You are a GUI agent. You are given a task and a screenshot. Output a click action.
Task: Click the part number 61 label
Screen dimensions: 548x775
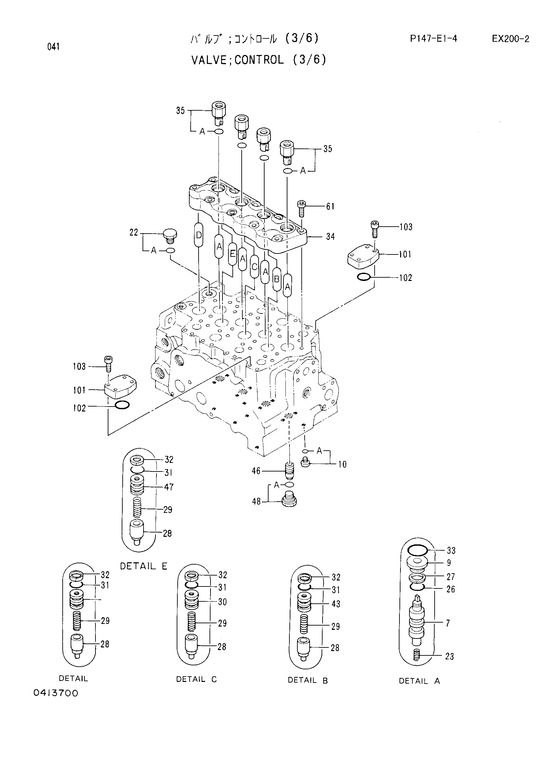(x=330, y=206)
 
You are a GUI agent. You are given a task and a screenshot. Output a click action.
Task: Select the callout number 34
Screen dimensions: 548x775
(x=330, y=237)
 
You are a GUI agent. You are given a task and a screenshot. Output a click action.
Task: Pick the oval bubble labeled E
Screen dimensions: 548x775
(x=232, y=253)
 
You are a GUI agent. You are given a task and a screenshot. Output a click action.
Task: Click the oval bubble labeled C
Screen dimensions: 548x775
(x=254, y=267)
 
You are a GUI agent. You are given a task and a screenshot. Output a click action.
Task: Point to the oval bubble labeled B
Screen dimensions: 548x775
(x=276, y=279)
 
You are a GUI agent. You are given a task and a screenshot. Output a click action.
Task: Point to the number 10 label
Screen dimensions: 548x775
(x=342, y=465)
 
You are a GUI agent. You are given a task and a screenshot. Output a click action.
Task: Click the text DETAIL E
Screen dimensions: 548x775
(x=144, y=566)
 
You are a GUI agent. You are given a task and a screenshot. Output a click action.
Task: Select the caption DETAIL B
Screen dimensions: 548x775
(x=308, y=681)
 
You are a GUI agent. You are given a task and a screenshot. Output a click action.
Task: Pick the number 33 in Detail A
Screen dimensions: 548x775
(x=451, y=551)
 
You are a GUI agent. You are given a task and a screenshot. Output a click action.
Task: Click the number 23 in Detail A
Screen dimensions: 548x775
(x=450, y=656)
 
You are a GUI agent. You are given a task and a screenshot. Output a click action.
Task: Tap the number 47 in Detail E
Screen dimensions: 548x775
(x=169, y=487)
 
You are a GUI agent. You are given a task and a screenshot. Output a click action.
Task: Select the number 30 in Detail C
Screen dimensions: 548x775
(x=222, y=602)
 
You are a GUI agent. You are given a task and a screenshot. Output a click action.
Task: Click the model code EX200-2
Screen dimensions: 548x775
(x=510, y=39)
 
